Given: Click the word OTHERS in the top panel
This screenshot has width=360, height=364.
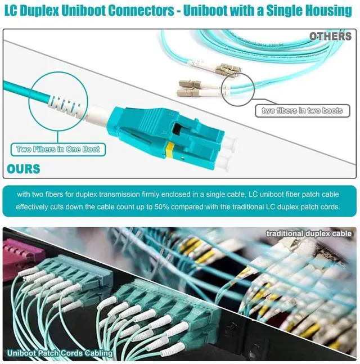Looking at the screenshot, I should (x=330, y=37).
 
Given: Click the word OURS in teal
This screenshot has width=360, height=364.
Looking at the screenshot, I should (x=24, y=168).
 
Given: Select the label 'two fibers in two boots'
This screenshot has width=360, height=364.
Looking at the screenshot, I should (x=302, y=111).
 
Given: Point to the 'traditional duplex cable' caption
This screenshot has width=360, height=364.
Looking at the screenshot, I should (x=309, y=233).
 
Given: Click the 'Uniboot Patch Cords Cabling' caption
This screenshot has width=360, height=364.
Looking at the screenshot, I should (x=60, y=353).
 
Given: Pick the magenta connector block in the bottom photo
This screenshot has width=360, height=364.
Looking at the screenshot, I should (x=20, y=258).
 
